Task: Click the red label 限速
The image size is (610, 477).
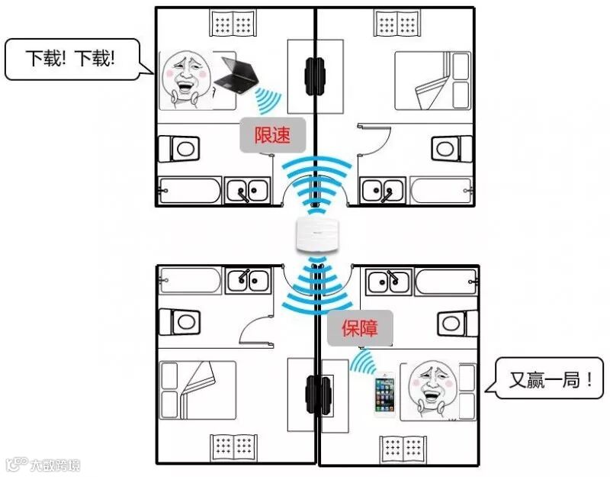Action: pyautogui.click(x=272, y=136)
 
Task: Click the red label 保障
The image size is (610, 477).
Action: pyautogui.click(x=361, y=329)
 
